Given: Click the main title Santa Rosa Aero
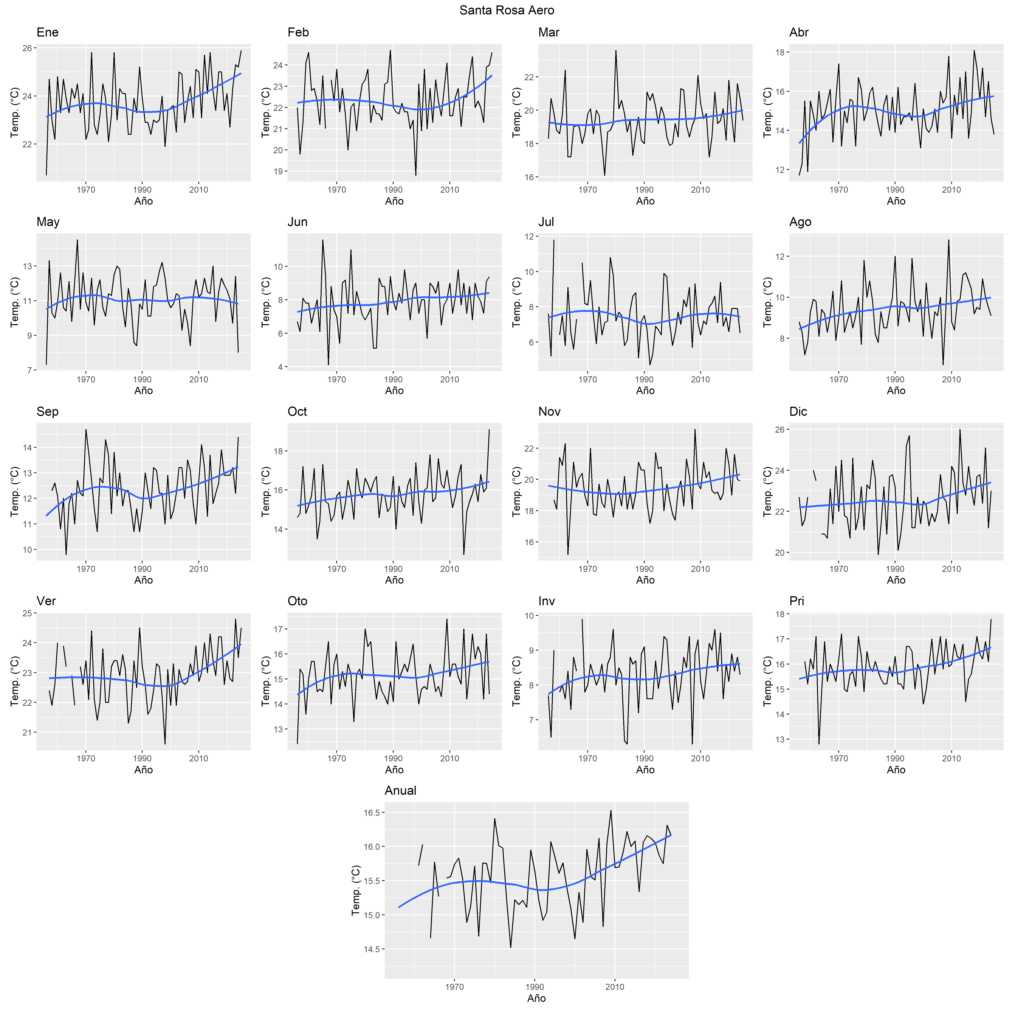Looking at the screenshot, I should (507, 10).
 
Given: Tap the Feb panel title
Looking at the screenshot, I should (298, 32).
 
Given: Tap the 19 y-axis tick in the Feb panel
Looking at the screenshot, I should (277, 171).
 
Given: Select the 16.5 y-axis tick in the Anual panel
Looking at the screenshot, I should (372, 813).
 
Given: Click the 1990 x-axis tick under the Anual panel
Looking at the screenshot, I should (535, 987).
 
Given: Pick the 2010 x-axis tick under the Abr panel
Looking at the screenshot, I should (951, 190).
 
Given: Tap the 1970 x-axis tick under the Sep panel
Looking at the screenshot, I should (86, 569).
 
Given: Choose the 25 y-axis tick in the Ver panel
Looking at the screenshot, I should (26, 613).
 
